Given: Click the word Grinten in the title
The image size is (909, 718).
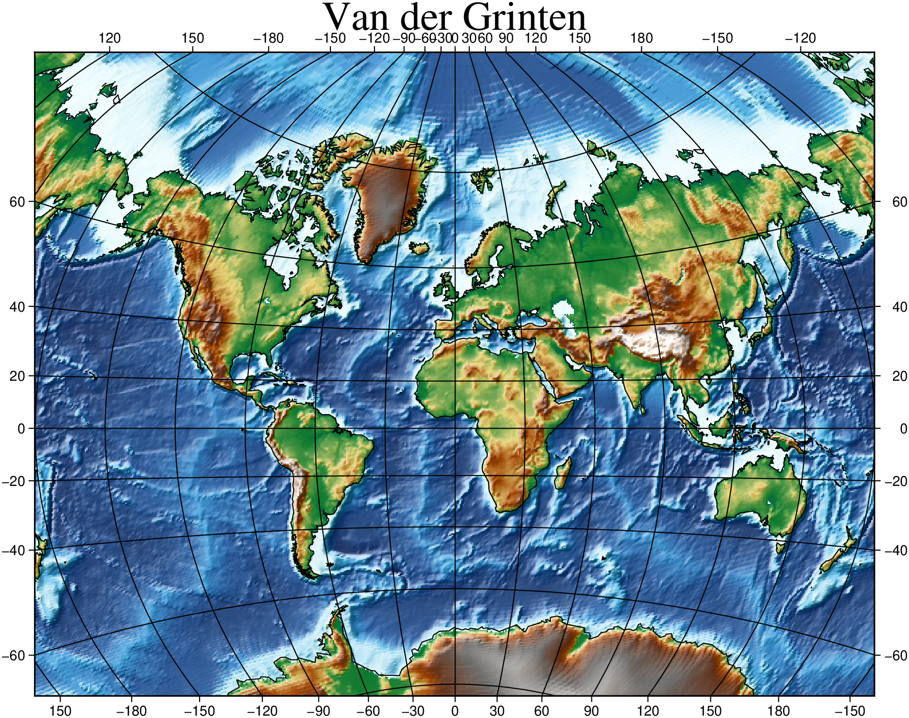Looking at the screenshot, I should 524,18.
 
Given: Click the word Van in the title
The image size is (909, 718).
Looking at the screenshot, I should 355,18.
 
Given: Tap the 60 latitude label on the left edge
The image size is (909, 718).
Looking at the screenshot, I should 17,202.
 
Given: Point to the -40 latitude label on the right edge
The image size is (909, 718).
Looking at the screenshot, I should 896,550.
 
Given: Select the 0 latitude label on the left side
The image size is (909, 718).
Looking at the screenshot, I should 21,429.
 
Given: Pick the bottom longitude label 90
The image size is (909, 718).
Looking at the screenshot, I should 591,711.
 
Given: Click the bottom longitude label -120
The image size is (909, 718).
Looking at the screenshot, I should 262,711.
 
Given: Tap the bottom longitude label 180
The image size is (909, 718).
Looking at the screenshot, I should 778,711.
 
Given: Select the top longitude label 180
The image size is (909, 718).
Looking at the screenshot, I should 641,38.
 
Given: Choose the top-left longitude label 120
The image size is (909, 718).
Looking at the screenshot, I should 109,38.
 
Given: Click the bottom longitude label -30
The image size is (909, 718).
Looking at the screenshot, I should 413,711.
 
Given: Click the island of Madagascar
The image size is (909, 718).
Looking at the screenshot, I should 563,474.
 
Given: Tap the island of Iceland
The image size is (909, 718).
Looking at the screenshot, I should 419,248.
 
